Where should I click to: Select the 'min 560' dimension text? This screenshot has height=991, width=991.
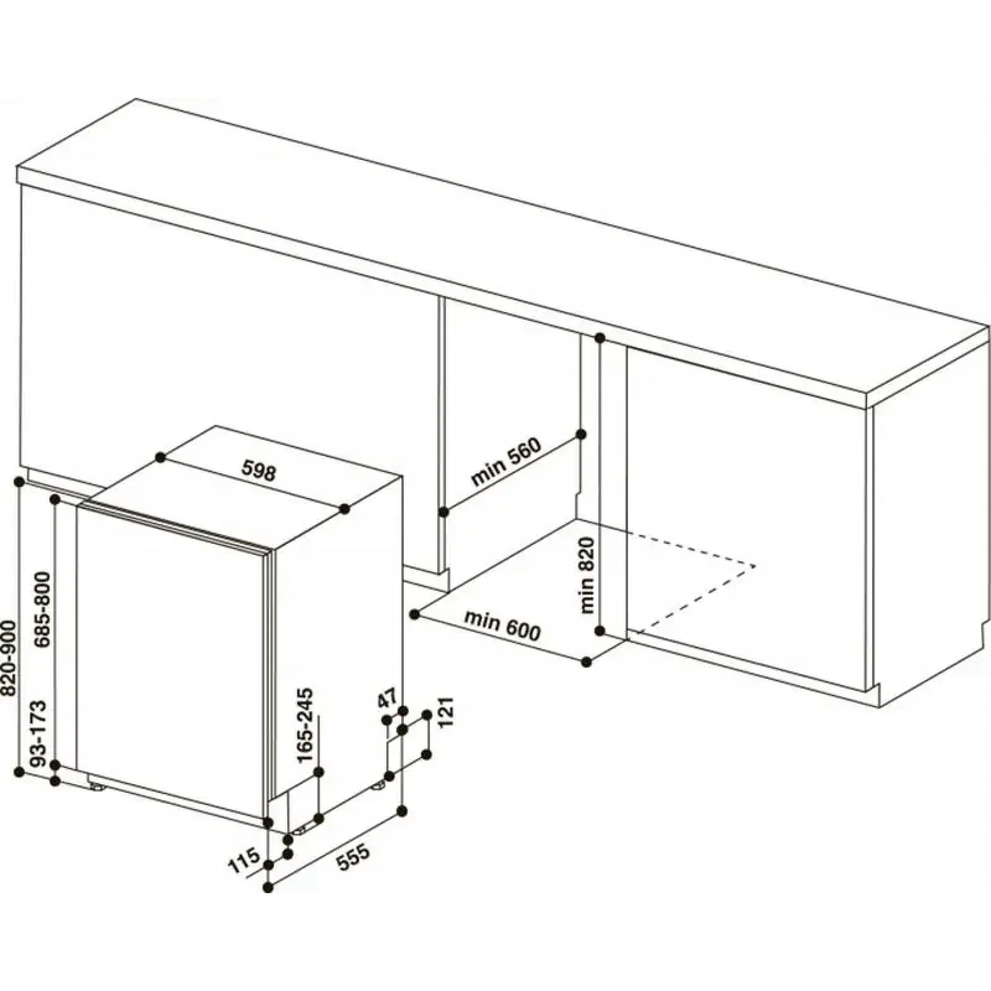[x=506, y=462]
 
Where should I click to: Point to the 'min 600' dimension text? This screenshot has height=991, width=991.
[x=502, y=626]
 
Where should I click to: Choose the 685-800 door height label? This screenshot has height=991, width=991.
[x=43, y=609]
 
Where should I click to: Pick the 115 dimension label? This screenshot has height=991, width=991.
[x=243, y=862]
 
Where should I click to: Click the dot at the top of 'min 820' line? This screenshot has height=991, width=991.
[x=600, y=338]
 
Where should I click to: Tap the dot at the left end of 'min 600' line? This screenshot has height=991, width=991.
[x=414, y=614]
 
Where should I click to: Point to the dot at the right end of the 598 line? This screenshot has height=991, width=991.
[x=344, y=509]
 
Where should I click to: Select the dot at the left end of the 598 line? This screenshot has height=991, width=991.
[x=160, y=457]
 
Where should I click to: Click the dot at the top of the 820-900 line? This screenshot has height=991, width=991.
[x=19, y=481]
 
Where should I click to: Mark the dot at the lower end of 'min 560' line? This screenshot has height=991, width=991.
[x=443, y=512]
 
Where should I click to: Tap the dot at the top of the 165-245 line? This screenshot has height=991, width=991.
[x=320, y=772]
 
